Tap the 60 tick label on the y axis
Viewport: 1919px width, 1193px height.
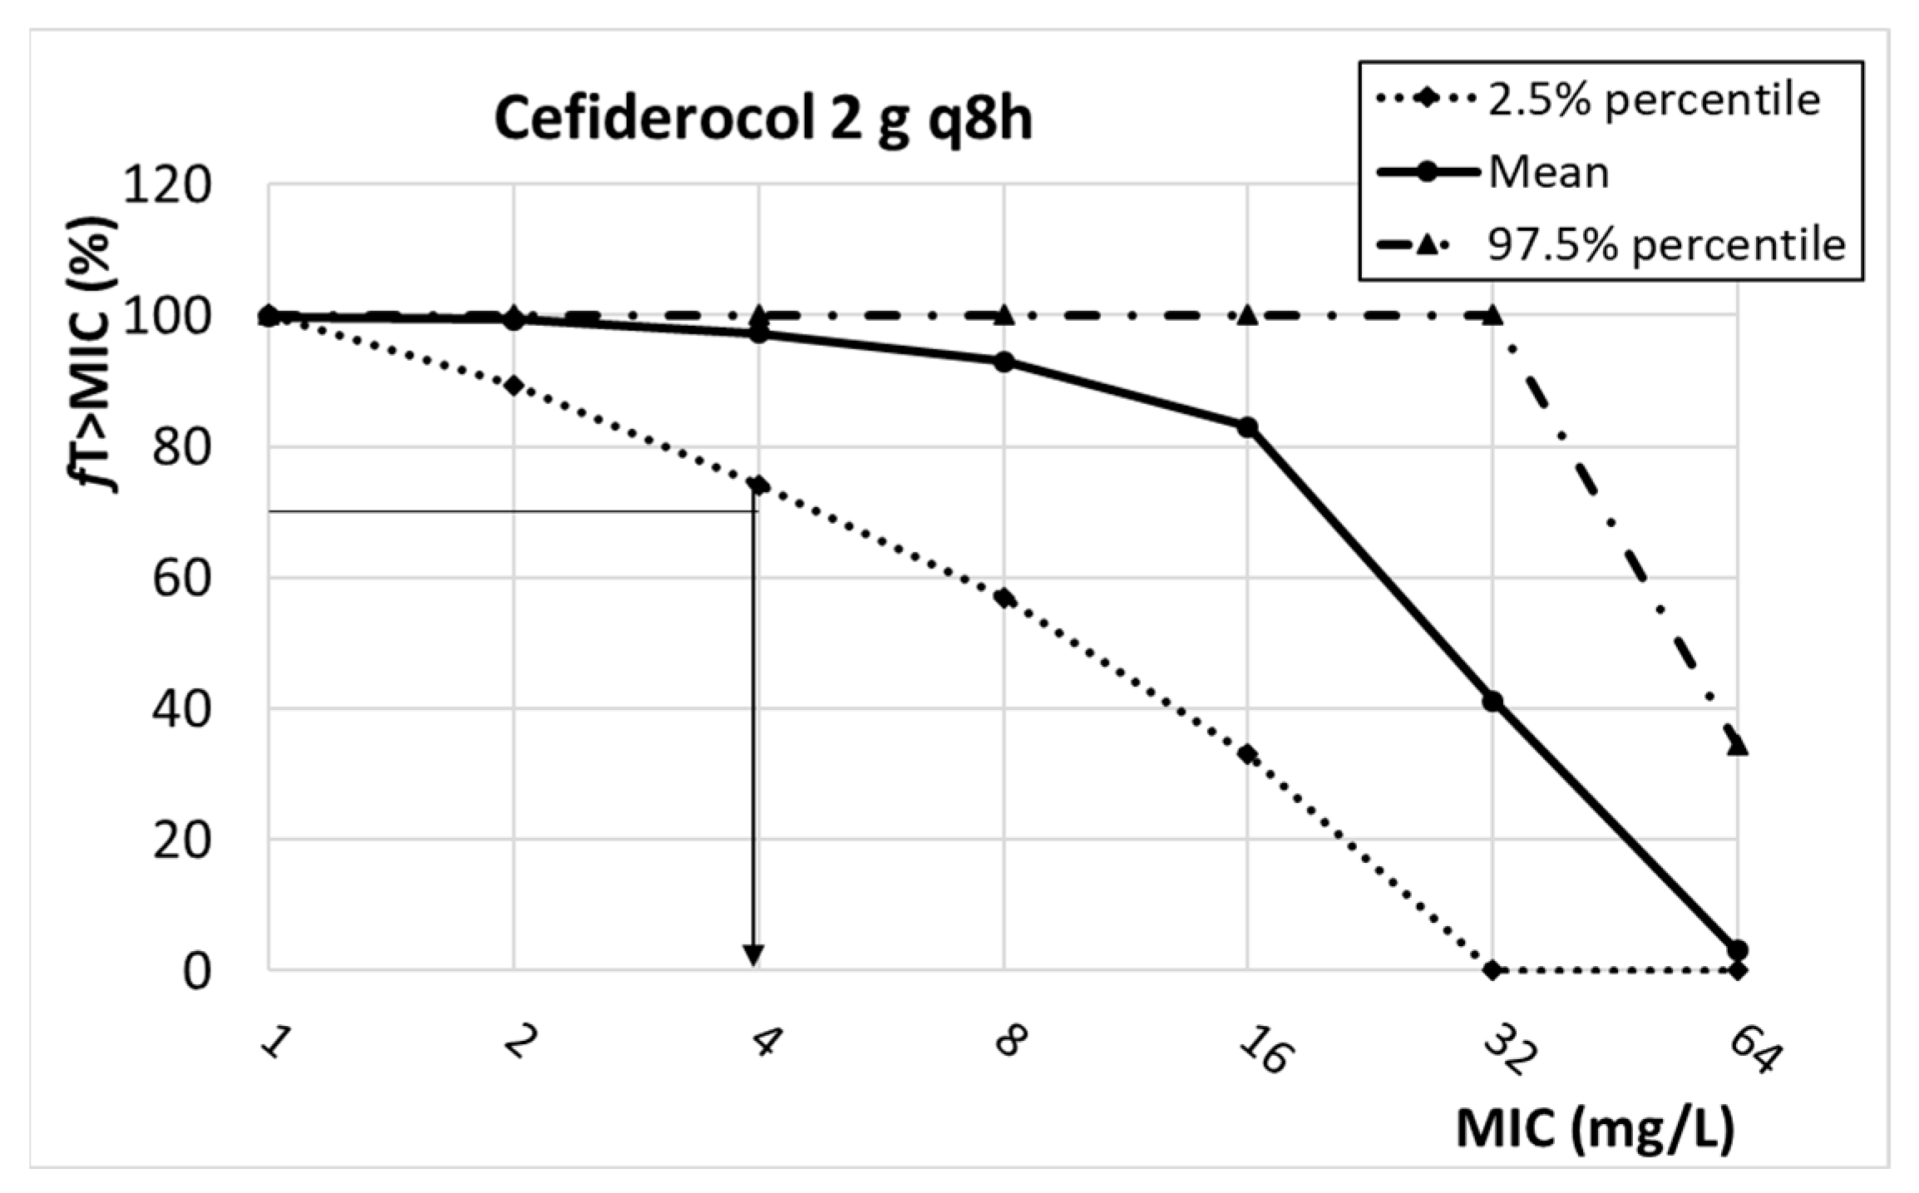click(181, 579)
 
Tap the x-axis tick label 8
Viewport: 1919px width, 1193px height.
click(1009, 1042)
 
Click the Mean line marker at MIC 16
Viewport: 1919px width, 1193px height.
click(1247, 427)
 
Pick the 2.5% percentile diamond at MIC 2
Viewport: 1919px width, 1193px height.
click(514, 386)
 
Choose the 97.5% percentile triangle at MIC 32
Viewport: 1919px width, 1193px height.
click(1492, 315)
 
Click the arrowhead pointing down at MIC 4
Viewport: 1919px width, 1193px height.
click(753, 956)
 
